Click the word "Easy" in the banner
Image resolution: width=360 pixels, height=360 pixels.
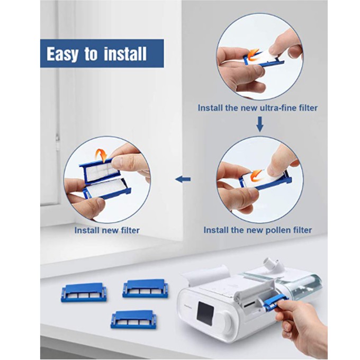pos(62,54)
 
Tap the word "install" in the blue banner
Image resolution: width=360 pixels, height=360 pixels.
pos(125,53)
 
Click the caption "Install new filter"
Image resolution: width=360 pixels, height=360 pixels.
pos(107,230)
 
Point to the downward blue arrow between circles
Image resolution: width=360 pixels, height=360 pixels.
pos(259,124)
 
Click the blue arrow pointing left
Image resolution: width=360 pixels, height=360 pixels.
pos(183,179)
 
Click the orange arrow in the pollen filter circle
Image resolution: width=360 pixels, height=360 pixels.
pos(257,176)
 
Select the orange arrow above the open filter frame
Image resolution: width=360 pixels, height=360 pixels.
pos(102,155)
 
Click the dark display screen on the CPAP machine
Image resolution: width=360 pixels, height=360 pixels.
pos(205,311)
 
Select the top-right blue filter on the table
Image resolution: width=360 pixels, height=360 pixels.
pos(145,289)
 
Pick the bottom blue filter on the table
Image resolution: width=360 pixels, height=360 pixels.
pos(133,319)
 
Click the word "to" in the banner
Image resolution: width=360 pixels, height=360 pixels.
pos(91,54)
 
